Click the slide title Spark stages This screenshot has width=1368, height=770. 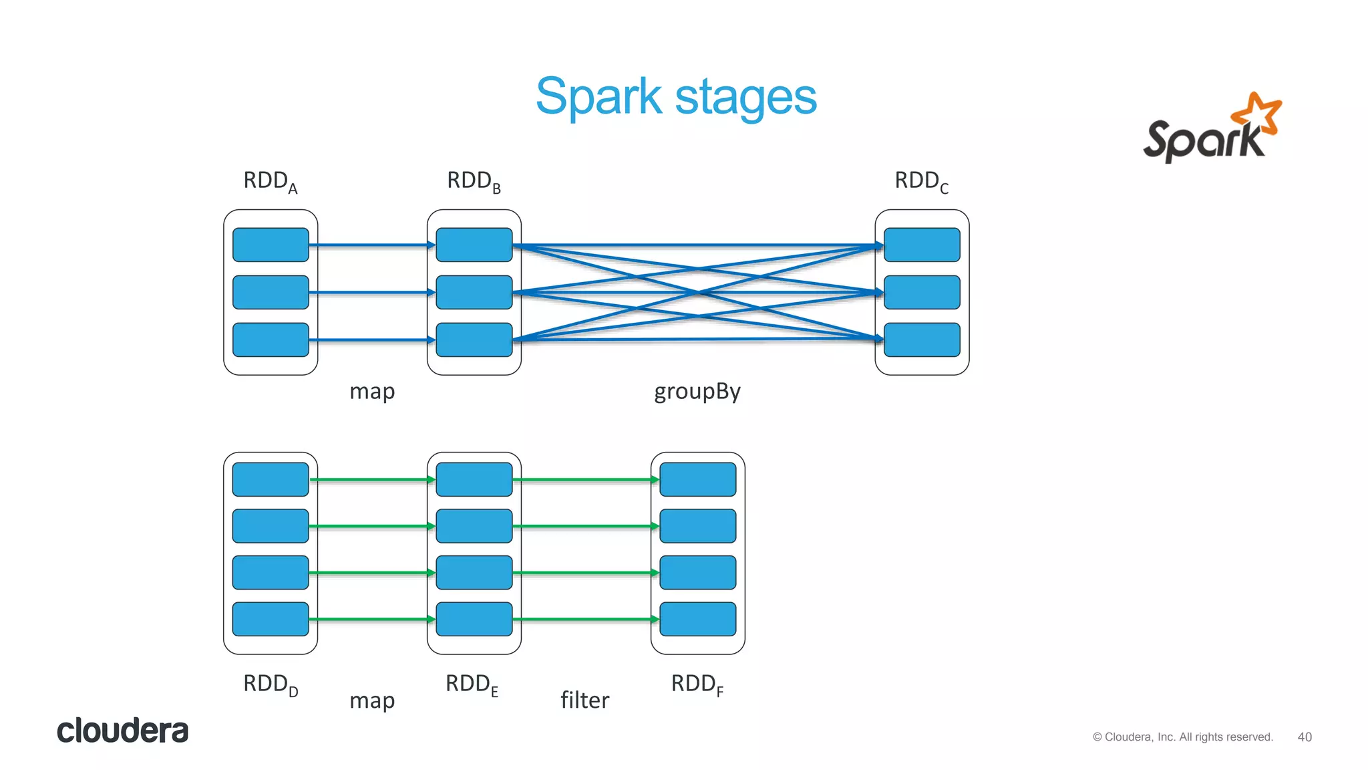(676, 97)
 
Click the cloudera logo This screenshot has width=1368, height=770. (122, 731)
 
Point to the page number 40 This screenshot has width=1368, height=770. (1305, 737)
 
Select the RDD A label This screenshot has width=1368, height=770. (270, 181)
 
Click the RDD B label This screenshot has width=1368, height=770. (474, 181)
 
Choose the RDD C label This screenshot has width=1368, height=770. (921, 181)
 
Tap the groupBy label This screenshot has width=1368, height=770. (697, 392)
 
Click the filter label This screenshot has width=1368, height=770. (584, 700)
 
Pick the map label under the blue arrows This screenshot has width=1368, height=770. (372, 392)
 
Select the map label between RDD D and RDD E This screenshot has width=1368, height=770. (372, 700)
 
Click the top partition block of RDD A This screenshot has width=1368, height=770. (271, 245)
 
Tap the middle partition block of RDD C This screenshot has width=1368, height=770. (922, 292)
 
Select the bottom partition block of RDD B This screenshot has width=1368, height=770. (474, 340)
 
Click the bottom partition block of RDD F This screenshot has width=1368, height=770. (698, 619)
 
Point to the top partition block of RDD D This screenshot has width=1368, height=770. (271, 479)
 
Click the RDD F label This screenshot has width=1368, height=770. (697, 684)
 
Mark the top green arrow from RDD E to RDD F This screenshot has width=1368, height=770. (585, 479)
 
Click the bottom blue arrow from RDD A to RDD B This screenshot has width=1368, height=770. (371, 340)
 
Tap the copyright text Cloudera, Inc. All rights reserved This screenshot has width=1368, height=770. (1183, 737)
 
